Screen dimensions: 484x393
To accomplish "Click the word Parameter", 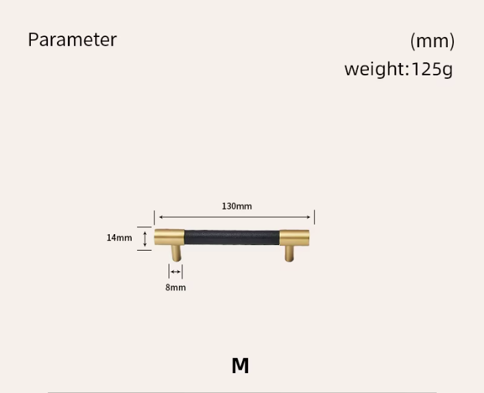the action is tap(72, 40).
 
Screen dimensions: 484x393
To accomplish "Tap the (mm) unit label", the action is tap(433, 41).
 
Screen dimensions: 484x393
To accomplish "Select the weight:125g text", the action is tap(398, 69).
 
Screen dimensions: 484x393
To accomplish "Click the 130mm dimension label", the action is tap(237, 206).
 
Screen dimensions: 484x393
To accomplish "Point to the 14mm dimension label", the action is tap(119, 238).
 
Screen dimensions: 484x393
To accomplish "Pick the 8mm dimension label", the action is tap(176, 288).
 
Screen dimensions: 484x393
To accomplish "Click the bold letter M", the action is tap(240, 366).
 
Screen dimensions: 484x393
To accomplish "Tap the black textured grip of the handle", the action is tap(232, 238).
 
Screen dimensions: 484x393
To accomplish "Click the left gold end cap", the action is tap(169, 238).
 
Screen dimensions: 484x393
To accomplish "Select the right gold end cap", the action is tap(295, 238).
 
